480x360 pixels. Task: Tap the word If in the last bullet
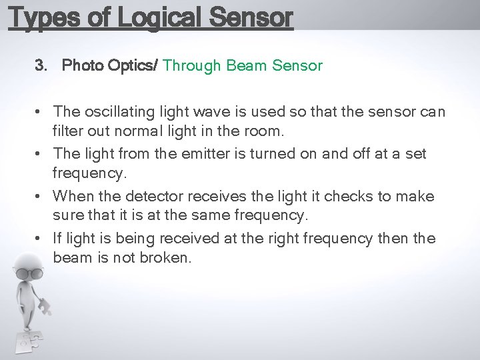click(57, 239)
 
